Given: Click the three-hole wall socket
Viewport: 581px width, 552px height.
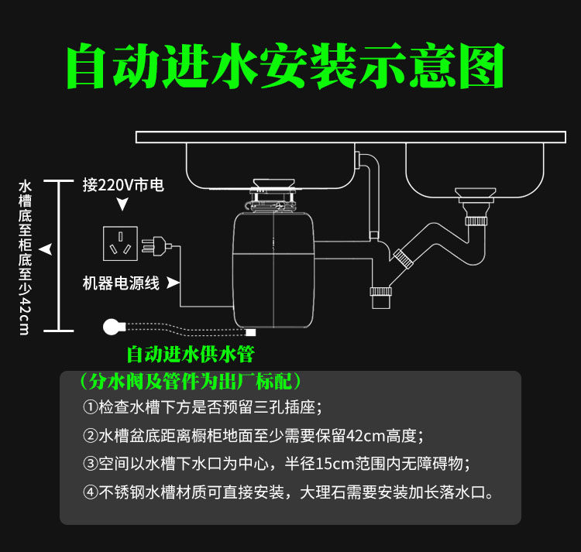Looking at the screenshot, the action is click(120, 244).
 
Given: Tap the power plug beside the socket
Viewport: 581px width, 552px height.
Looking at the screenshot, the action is click(156, 246).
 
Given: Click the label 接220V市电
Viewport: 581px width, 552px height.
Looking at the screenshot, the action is click(123, 185).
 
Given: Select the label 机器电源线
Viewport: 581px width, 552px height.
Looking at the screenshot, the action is click(121, 283).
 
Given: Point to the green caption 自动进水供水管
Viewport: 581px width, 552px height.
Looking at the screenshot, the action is click(191, 355).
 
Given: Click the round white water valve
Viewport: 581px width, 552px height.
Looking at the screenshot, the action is click(113, 327).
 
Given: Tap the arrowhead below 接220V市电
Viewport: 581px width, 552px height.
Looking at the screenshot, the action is click(122, 204).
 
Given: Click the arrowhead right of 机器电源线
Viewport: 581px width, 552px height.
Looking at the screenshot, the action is click(173, 283).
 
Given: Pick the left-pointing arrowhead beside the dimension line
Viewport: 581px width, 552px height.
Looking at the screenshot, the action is click(46, 249).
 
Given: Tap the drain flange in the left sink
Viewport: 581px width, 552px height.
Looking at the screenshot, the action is click(273, 184).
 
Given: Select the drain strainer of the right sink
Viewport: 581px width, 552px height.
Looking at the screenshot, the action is click(476, 193).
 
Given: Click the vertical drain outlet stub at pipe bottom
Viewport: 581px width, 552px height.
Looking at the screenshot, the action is click(380, 298).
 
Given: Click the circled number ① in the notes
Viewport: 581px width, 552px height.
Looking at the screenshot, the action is click(90, 407).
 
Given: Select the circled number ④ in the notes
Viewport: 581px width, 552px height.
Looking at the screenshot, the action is click(90, 492).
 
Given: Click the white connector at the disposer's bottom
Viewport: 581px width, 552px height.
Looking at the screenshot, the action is click(250, 332).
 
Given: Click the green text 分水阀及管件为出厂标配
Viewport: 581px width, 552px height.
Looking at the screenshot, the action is click(191, 381).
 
